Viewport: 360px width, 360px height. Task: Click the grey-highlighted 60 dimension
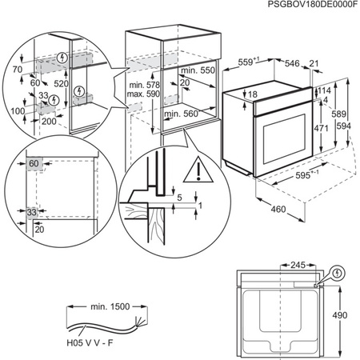(x=34, y=164)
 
